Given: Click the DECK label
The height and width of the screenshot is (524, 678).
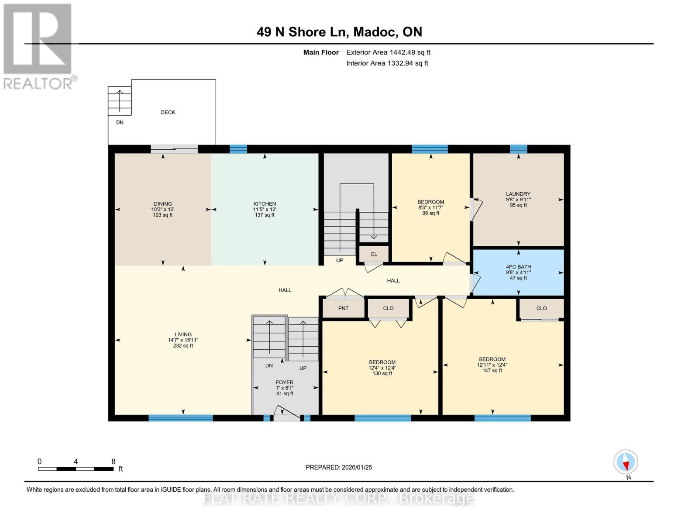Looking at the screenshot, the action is (x=168, y=112).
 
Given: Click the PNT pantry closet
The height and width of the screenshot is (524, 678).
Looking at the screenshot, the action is (x=343, y=308).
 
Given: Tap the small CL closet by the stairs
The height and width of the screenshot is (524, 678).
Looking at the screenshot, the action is (x=373, y=254).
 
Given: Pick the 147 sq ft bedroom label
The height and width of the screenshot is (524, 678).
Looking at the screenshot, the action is (x=492, y=365).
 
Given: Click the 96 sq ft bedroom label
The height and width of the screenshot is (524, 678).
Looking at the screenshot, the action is (x=430, y=207).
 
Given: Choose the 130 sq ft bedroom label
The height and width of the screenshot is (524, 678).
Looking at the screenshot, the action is (x=382, y=368).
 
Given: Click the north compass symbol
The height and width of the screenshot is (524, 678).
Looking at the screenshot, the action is (x=625, y=462).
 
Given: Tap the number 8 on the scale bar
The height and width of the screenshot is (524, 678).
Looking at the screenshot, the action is (x=113, y=461).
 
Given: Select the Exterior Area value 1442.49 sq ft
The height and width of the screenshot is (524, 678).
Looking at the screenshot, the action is (x=410, y=52).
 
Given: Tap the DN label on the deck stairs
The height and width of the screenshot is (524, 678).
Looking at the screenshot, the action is (x=120, y=122).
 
